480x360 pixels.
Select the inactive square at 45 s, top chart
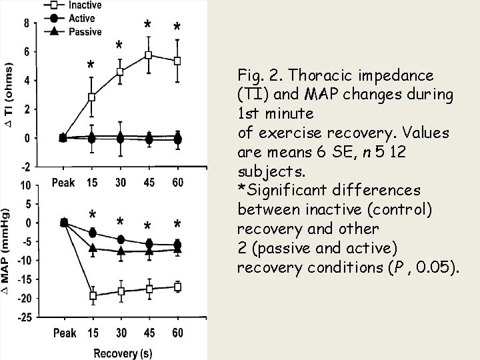[x=149, y=55]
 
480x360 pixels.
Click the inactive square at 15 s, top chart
[x=92, y=97]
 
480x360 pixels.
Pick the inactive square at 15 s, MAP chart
[x=93, y=295]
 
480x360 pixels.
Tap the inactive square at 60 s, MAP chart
[x=177, y=287]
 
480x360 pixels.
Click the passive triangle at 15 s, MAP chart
[x=93, y=248]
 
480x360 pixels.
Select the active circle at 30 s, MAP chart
[x=121, y=239]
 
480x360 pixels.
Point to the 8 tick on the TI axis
[x=27, y=23]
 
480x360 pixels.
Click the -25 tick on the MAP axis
[x=24, y=318]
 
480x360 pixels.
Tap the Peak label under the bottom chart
[x=64, y=332]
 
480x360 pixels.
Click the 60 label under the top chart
[x=177, y=181]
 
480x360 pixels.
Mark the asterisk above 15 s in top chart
[x=91, y=65]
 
